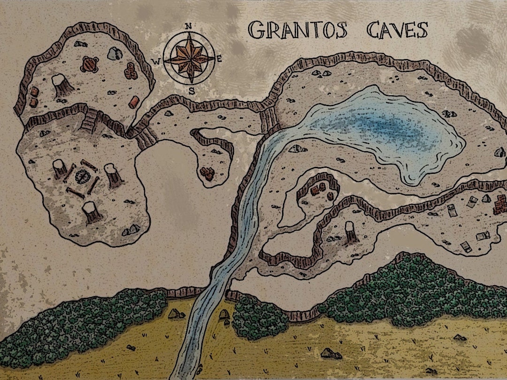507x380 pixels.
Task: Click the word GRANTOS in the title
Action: [x=298, y=31]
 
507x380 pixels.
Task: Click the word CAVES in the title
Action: [x=397, y=30]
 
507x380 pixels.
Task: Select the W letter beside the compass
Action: [x=158, y=60]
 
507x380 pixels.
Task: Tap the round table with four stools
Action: [x=90, y=64]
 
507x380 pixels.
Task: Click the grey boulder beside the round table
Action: [x=114, y=54]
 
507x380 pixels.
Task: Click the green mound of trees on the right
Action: [x=408, y=291]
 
